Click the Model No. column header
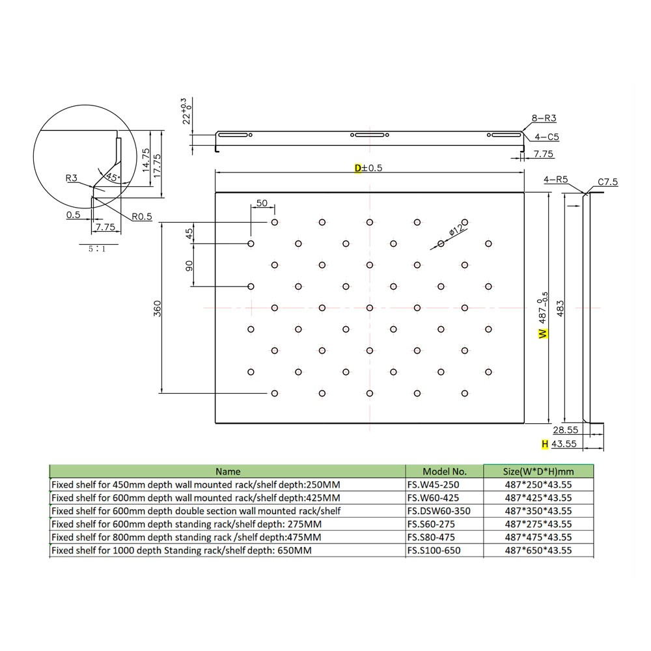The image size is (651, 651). point(445,471)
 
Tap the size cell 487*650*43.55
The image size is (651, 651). point(538,550)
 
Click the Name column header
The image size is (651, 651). point(228,471)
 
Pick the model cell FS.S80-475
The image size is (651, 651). point(431,537)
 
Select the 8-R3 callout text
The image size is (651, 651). point(544,118)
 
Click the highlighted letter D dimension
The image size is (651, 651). point(357,168)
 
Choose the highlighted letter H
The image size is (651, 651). point(545,444)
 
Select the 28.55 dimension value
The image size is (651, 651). point(566,430)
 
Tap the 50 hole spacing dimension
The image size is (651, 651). point(262,203)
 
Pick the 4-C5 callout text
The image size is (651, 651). point(547,137)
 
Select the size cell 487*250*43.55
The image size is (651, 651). point(538,485)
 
